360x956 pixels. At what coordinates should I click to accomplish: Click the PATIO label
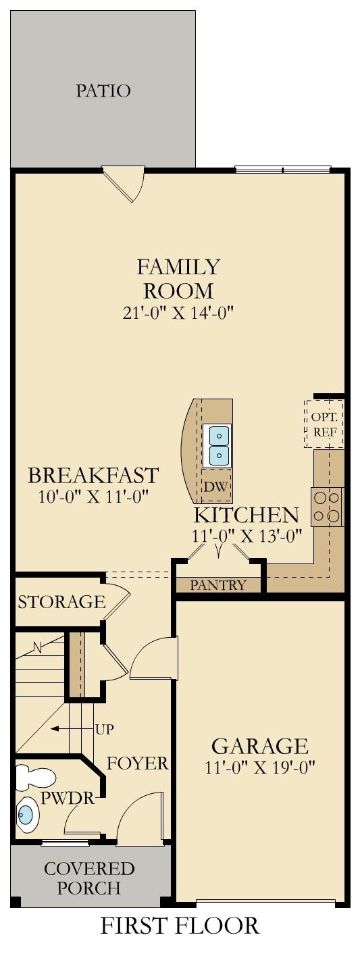click(103, 91)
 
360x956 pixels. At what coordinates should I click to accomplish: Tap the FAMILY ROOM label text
click(178, 278)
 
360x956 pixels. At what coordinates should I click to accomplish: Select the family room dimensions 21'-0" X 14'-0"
click(179, 312)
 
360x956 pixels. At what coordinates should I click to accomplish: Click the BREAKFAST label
click(93, 475)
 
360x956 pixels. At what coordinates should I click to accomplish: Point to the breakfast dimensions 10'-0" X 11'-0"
click(93, 497)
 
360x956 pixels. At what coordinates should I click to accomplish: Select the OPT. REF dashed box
click(325, 424)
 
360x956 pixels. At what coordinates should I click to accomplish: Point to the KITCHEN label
click(246, 515)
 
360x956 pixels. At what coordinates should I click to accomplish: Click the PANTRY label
click(217, 585)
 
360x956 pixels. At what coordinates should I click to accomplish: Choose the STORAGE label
click(61, 601)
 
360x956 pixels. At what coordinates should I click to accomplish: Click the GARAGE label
click(260, 747)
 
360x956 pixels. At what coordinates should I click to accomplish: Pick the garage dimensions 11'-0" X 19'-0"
click(260, 768)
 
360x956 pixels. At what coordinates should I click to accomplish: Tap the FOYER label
click(137, 764)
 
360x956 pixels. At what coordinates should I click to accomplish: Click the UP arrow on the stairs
click(65, 729)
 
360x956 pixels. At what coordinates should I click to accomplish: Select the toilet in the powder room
click(28, 778)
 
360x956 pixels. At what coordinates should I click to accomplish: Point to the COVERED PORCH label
click(89, 878)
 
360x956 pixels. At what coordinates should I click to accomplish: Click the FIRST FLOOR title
click(180, 926)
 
